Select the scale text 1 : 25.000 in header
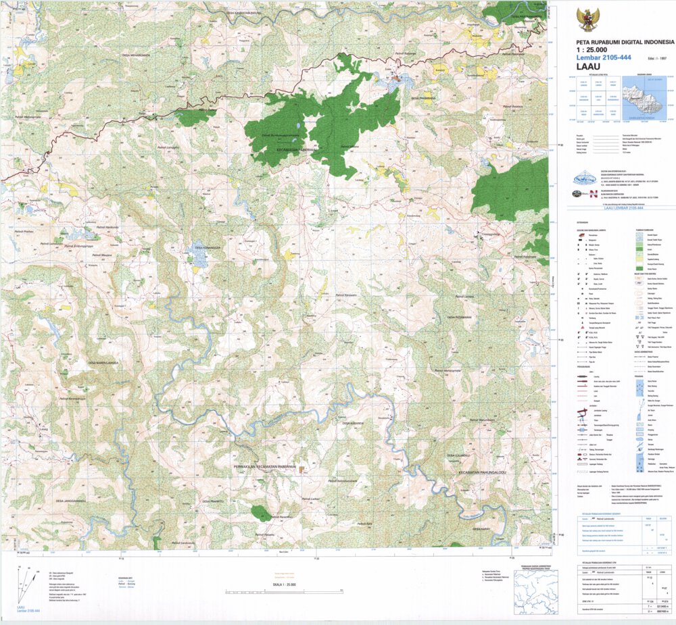click(x=591, y=50)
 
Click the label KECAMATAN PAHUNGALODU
click(x=482, y=472)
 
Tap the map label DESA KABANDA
click(x=353, y=424)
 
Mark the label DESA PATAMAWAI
click(x=459, y=316)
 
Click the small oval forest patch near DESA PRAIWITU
click(x=260, y=513)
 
